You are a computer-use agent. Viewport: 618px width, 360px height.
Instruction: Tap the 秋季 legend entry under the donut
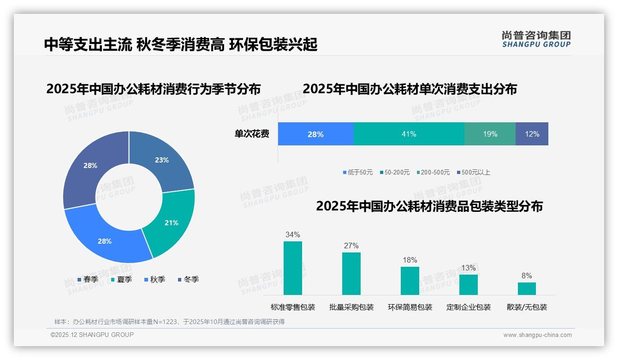tap(154, 279)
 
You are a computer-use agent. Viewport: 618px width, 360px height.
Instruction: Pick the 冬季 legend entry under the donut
tap(188, 279)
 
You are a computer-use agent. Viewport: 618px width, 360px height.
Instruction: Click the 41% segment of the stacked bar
tap(409, 134)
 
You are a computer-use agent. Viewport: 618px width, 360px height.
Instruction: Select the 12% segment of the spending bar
tap(532, 134)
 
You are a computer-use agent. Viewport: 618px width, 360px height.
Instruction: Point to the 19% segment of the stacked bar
tap(490, 134)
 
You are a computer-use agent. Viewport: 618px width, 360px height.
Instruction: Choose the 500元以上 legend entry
tap(473, 172)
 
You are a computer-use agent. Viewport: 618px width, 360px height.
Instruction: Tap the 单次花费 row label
tap(252, 134)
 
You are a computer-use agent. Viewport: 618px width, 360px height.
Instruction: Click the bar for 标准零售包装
tap(292, 268)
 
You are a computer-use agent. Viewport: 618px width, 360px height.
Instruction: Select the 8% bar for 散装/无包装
tap(527, 288)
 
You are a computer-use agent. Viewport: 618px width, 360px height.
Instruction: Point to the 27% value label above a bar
tap(351, 246)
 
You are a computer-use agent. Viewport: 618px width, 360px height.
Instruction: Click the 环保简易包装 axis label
tap(410, 307)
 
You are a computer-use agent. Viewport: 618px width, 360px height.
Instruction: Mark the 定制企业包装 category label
tap(469, 307)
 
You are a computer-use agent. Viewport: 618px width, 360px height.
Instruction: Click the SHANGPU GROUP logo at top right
tap(536, 39)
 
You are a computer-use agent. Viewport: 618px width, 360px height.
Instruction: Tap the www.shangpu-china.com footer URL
tap(537, 335)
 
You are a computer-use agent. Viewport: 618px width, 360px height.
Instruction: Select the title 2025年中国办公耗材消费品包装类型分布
tap(429, 206)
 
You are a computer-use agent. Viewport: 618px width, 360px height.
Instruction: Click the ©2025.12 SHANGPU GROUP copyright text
tap(92, 335)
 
